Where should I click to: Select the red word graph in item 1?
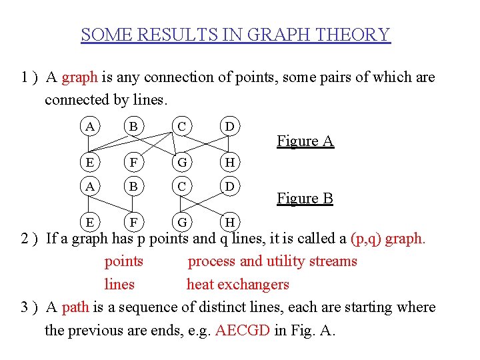point(79,77)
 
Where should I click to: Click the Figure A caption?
point(305,141)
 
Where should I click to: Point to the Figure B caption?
point(305,198)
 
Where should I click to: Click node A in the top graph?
point(89,126)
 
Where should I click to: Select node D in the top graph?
point(229,126)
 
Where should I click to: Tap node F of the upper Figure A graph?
point(134,161)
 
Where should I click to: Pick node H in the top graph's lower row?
point(229,161)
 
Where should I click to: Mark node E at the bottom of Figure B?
point(89,221)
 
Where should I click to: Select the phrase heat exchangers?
point(237,285)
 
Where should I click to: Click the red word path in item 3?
point(75,307)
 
